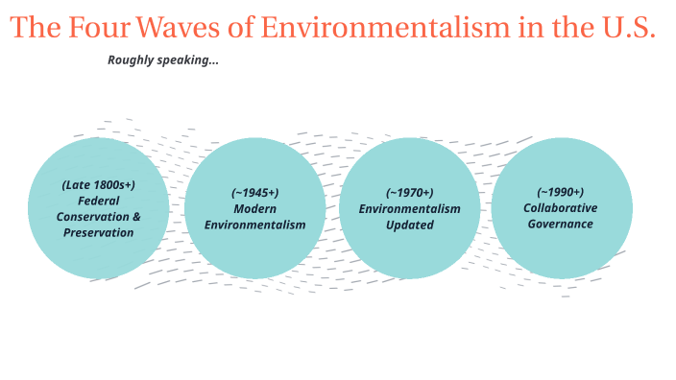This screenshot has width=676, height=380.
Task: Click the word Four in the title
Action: [x=96, y=27]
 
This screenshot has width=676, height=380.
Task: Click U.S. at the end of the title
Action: [x=625, y=27]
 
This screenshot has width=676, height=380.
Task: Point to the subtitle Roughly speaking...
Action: [x=163, y=60]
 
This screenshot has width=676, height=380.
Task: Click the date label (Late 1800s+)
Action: [x=98, y=184]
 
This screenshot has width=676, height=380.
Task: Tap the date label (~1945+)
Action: [x=254, y=192]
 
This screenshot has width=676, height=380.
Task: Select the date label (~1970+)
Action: [x=410, y=192]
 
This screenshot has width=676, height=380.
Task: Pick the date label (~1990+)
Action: [x=560, y=192]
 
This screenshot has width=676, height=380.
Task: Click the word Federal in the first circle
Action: [x=98, y=201]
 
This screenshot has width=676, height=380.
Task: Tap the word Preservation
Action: [x=98, y=232]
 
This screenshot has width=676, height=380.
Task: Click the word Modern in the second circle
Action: [x=254, y=208]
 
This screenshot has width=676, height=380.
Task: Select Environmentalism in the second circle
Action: [x=254, y=225]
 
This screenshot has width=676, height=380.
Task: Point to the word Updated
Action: [x=410, y=225]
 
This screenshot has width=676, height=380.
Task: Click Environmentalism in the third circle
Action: [x=410, y=208]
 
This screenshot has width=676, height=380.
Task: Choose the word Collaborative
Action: [x=560, y=207]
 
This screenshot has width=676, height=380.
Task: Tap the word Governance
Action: [x=560, y=224]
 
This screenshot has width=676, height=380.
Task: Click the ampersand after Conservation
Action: [x=135, y=217]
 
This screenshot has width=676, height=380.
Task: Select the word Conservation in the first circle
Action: [x=91, y=217]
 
